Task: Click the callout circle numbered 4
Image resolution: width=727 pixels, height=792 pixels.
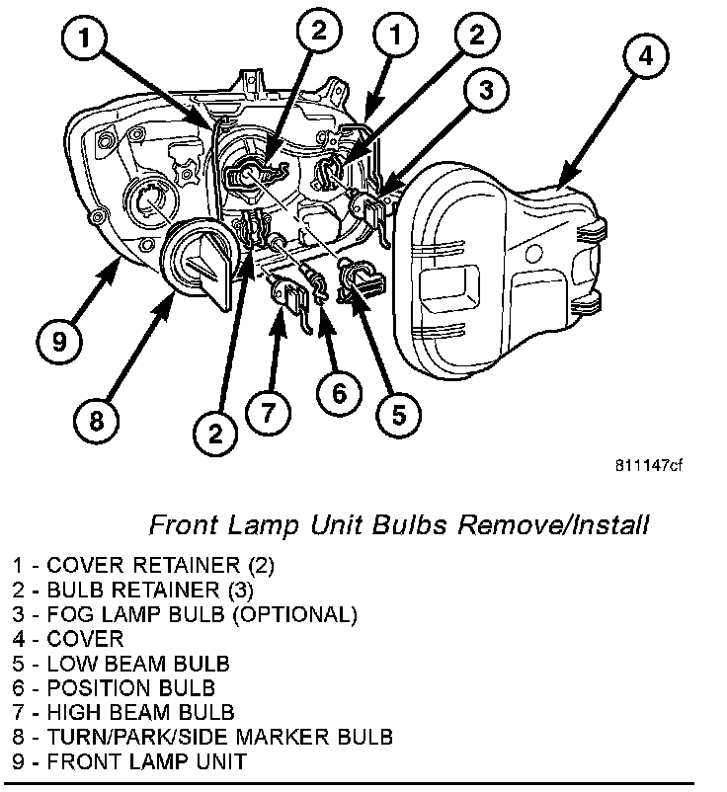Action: tap(645, 57)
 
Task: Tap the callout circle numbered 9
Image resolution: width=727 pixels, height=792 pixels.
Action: tap(61, 342)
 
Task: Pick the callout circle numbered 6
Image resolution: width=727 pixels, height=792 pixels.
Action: tap(339, 393)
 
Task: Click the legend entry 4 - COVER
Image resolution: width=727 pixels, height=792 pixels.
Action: tap(69, 640)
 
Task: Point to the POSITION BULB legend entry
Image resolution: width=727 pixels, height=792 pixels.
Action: tap(115, 688)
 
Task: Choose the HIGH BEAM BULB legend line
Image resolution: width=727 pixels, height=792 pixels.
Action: tap(123, 713)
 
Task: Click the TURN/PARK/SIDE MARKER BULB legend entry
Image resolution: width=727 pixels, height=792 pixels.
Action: tap(203, 737)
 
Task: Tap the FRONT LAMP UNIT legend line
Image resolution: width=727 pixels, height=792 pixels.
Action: tap(129, 761)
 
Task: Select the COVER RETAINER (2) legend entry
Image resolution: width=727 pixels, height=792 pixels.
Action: tap(144, 566)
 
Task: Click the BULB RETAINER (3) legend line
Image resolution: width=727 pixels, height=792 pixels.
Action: tap(133, 591)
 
